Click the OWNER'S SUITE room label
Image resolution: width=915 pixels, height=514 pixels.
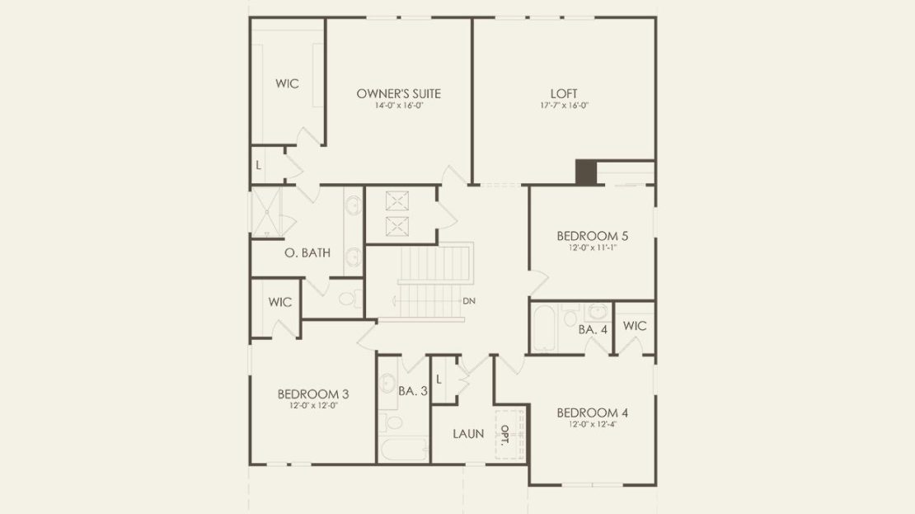pyautogui.click(x=399, y=93)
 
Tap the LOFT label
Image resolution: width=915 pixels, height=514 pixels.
pyautogui.click(x=564, y=93)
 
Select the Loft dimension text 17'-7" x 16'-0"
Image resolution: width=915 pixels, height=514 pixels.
pyautogui.click(x=564, y=106)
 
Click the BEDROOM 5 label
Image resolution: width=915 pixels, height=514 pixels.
pyautogui.click(x=593, y=236)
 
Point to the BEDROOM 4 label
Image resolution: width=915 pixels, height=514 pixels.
pyautogui.click(x=593, y=413)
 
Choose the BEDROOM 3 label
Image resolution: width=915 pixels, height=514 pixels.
pyautogui.click(x=313, y=394)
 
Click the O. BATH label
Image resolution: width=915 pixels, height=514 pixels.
pyautogui.click(x=307, y=253)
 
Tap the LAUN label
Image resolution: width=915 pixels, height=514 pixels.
pyautogui.click(x=468, y=434)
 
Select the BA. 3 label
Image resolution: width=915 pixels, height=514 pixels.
pyautogui.click(x=413, y=391)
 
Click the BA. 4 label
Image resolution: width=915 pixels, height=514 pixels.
pyautogui.click(x=593, y=330)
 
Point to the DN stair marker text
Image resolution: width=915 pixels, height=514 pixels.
pyautogui.click(x=469, y=301)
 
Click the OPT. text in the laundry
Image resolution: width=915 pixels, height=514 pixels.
pyautogui.click(x=505, y=434)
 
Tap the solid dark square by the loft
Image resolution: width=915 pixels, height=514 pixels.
pyautogui.click(x=586, y=172)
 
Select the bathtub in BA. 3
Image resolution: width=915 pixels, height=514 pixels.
pyautogui.click(x=404, y=449)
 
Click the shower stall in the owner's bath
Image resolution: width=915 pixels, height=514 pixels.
pyautogui.click(x=266, y=211)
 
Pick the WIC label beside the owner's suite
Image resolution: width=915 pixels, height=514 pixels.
pyautogui.click(x=287, y=83)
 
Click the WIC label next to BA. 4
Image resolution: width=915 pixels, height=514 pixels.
pyautogui.click(x=634, y=326)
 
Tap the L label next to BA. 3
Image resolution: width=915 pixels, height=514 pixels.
pyautogui.click(x=439, y=380)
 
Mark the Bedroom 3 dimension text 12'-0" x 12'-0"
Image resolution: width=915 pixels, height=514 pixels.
pyautogui.click(x=313, y=406)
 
